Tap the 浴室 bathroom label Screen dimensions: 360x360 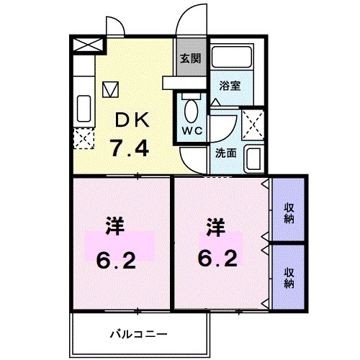click(230, 84)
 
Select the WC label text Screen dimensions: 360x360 click(191, 130)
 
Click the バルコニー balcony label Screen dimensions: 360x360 click(139, 334)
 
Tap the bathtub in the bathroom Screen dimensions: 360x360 click(232, 60)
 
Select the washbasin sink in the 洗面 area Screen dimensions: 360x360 click(253, 157)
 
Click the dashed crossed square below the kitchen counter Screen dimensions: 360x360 click(83, 136)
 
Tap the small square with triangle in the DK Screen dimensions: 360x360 click(110, 89)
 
